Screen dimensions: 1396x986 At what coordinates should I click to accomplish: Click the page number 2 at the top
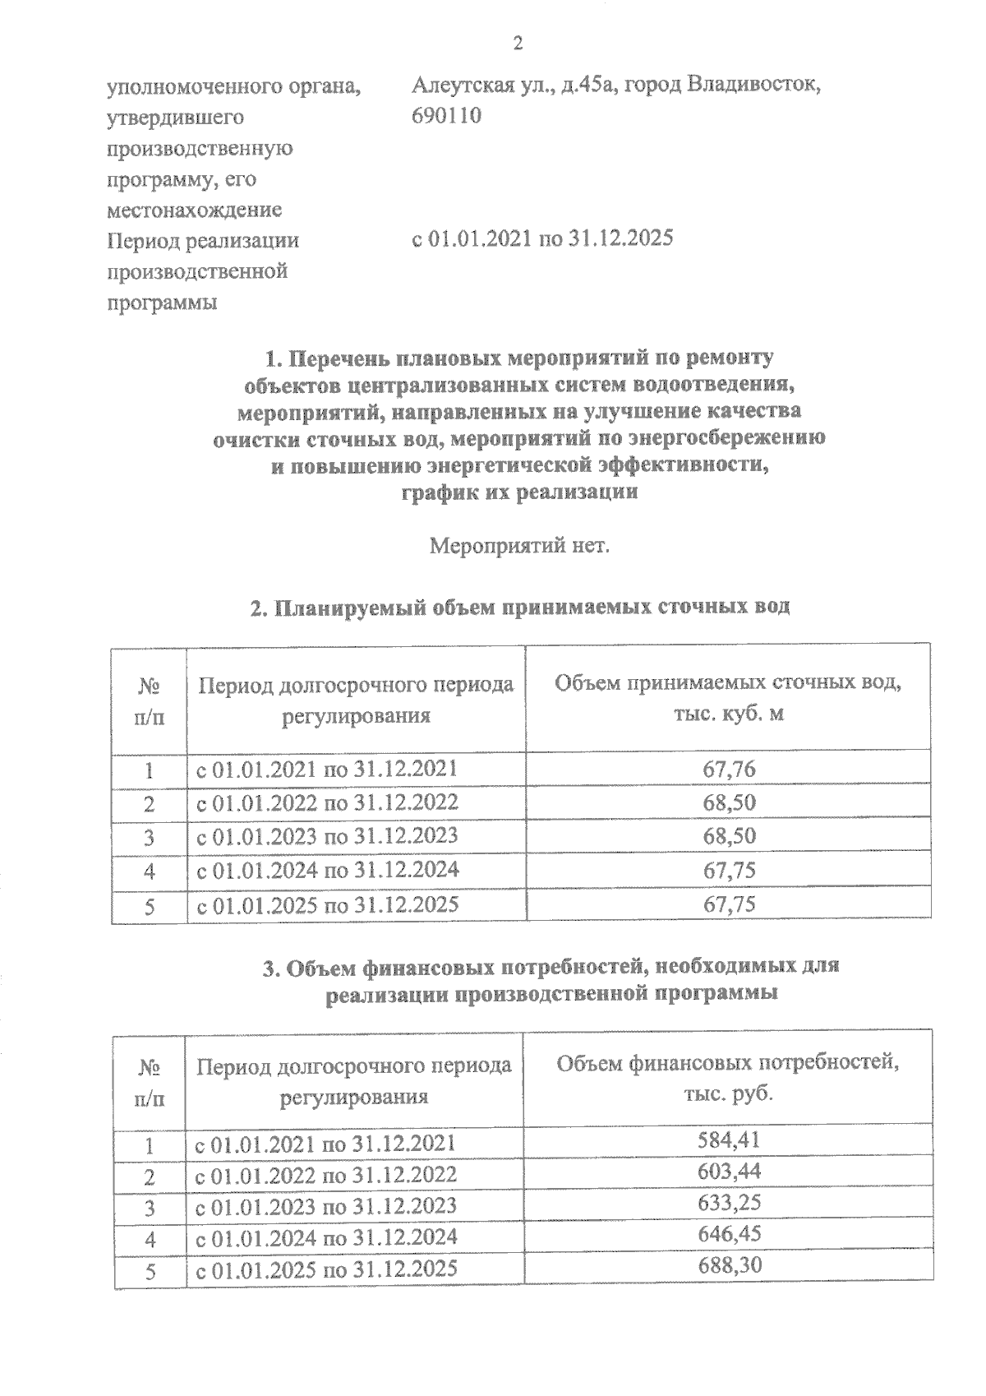point(518,44)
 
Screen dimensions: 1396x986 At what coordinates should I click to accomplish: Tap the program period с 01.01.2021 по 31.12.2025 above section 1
point(542,239)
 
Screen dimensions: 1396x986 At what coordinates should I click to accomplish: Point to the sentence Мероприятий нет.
point(520,545)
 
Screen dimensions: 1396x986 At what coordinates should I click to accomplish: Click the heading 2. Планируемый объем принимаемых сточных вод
point(520,608)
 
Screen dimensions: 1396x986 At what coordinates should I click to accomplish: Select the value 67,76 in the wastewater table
point(729,770)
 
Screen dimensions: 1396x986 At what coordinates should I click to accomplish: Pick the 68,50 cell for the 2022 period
point(729,803)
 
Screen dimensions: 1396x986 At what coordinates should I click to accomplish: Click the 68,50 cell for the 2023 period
point(729,837)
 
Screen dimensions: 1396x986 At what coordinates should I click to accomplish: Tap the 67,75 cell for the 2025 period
point(729,905)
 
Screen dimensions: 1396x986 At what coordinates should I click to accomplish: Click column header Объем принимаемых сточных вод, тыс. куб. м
point(729,698)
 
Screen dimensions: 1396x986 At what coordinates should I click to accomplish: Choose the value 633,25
point(729,1203)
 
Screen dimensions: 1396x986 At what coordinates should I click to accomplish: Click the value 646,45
point(729,1233)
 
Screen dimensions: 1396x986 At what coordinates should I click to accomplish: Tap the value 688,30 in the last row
point(729,1264)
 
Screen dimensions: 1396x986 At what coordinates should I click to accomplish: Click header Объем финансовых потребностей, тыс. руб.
point(729,1078)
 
